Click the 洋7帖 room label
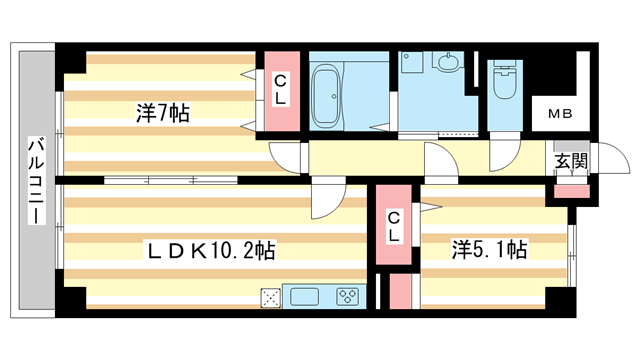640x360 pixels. (163, 113)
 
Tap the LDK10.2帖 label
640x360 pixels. (211, 250)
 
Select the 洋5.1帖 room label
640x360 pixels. (489, 249)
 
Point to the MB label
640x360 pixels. (560, 114)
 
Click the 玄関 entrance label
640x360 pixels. (571, 162)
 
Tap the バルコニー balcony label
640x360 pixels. (36, 181)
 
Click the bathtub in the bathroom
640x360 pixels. (326, 96)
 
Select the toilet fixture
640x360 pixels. (504, 80)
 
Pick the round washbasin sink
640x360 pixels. (449, 62)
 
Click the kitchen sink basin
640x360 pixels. (304, 297)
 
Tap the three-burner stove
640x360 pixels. (347, 297)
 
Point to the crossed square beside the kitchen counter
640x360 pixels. (271, 298)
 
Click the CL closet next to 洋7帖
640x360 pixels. (282, 91)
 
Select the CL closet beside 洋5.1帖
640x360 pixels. (393, 224)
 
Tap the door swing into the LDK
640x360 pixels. (328, 198)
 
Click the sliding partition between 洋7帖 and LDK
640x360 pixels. (171, 180)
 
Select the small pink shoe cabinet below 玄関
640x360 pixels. (572, 191)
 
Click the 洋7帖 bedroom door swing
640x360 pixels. (285, 158)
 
